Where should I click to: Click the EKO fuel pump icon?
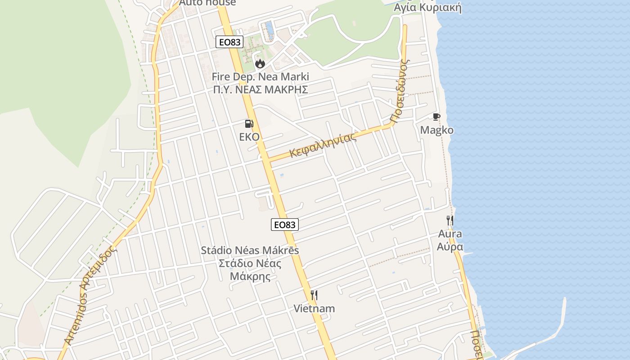(249, 124)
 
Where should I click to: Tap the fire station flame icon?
(260, 64)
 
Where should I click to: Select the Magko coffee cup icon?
(436, 117)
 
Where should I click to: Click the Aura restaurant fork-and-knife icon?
(450, 220)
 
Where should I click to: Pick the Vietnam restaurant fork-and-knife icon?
(314, 295)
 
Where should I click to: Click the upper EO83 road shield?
(229, 42)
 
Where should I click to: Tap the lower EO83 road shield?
(285, 224)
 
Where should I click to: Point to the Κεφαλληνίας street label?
(323, 144)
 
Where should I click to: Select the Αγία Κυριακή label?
(427, 8)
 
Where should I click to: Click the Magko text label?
(436, 130)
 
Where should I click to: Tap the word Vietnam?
(314, 309)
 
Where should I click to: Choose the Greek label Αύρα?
(450, 247)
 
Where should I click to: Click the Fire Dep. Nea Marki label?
(260, 76)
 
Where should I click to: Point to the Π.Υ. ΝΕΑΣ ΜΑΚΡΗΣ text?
(261, 89)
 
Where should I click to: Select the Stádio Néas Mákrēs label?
(250, 250)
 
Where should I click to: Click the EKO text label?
(249, 137)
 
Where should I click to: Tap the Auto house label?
(207, 3)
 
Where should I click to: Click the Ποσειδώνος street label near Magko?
(400, 90)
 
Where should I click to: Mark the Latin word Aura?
(450, 234)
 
